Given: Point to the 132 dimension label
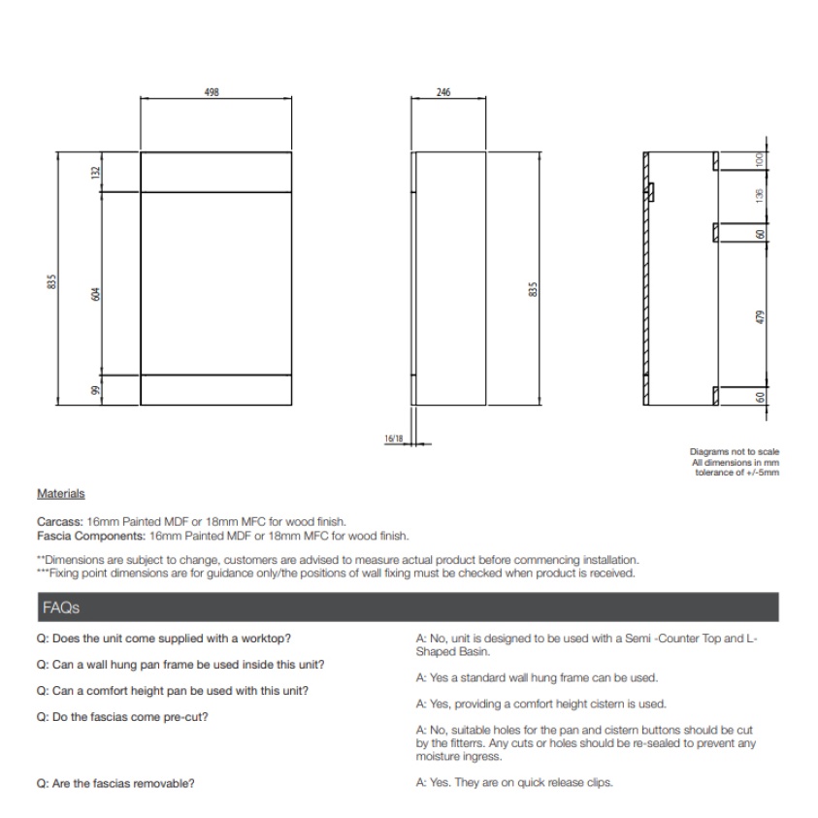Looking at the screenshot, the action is (95, 172).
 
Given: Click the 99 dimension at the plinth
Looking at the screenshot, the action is (95, 389).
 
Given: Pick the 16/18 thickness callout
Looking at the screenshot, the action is (393, 439).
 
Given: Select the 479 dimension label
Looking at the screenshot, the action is (762, 316).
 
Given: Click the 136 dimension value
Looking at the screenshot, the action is (762, 193).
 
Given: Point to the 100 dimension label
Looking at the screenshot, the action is (762, 159).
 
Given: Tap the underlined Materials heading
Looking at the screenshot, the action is (60, 494).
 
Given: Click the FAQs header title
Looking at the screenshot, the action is (61, 607).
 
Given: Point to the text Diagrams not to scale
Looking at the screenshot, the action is (734, 451).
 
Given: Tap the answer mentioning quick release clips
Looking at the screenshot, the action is (513, 783).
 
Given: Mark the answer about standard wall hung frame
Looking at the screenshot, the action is (537, 677).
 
